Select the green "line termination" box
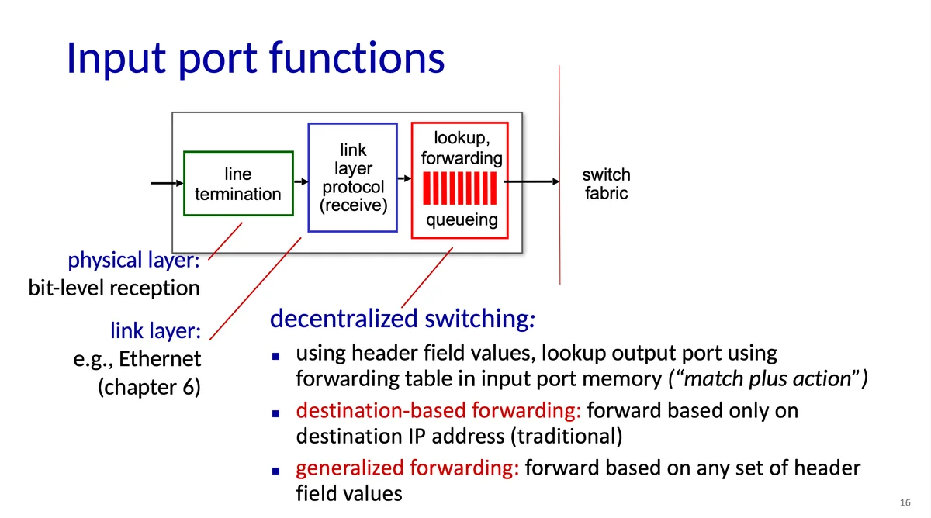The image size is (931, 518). click(x=238, y=184)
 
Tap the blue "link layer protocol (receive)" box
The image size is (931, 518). click(x=353, y=178)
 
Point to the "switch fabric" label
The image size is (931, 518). click(x=606, y=184)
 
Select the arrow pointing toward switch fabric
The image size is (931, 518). click(x=532, y=182)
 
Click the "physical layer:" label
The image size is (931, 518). click(x=134, y=261)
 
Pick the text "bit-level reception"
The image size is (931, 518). click(x=114, y=288)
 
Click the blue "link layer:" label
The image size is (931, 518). click(x=155, y=332)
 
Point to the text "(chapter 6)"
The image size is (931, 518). click(x=149, y=387)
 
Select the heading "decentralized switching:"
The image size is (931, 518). click(x=403, y=319)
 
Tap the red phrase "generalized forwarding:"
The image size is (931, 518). click(x=407, y=468)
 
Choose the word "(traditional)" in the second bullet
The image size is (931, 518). click(x=566, y=436)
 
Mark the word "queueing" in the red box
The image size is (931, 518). click(x=462, y=220)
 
